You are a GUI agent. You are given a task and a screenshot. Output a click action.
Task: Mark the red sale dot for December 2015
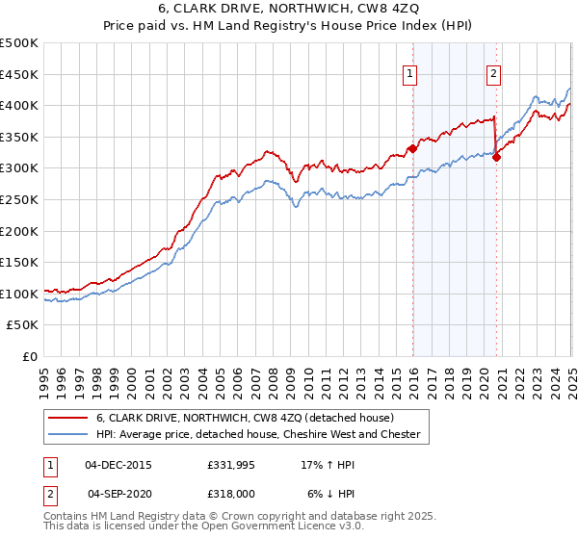412,148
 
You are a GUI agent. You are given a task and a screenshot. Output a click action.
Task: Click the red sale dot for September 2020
496,157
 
